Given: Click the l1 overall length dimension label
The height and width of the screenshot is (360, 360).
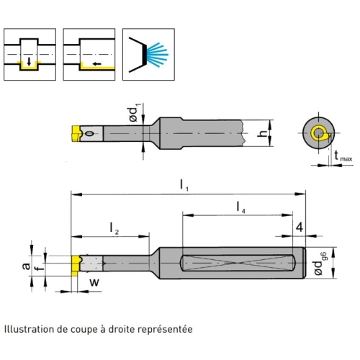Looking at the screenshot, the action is click(184, 186).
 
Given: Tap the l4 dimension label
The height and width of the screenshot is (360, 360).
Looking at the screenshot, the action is click(240, 207).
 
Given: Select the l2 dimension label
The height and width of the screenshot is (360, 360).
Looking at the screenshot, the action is click(114, 228).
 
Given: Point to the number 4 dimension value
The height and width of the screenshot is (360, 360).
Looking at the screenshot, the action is click(300, 227).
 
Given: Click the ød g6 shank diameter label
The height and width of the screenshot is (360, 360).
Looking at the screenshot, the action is click(320, 264).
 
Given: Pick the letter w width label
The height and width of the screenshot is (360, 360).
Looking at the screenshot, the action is click(94, 282).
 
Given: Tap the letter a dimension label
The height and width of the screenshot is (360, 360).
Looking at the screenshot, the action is click(26, 266).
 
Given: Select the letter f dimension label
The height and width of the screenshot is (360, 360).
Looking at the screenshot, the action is click(40, 266).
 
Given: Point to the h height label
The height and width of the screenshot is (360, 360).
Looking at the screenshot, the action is click(262, 133).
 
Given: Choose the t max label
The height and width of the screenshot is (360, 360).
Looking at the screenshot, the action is click(343, 156).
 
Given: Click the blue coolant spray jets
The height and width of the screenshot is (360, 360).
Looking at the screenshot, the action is click(157, 55).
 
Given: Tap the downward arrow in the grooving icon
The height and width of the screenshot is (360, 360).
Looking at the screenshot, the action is click(29, 61).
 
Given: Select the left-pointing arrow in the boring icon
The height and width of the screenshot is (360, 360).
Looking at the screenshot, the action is click(97, 64).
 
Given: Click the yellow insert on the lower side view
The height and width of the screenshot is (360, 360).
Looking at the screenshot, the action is click(76, 266).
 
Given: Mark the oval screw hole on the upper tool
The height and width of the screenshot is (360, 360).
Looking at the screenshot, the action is click(90, 133).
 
